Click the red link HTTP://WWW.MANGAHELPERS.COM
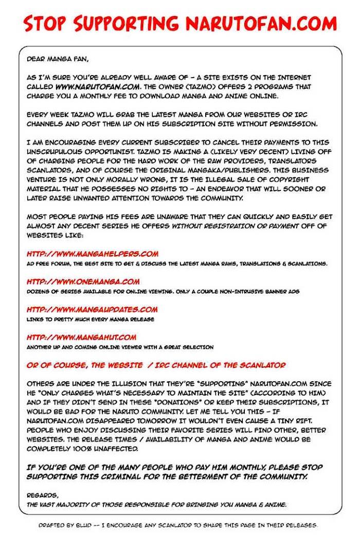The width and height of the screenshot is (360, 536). (93, 254)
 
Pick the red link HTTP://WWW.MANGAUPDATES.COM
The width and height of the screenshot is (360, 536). (92, 309)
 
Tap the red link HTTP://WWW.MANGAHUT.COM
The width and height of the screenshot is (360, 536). (81, 337)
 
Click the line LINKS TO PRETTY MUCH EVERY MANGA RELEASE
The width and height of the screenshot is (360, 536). (91, 319)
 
